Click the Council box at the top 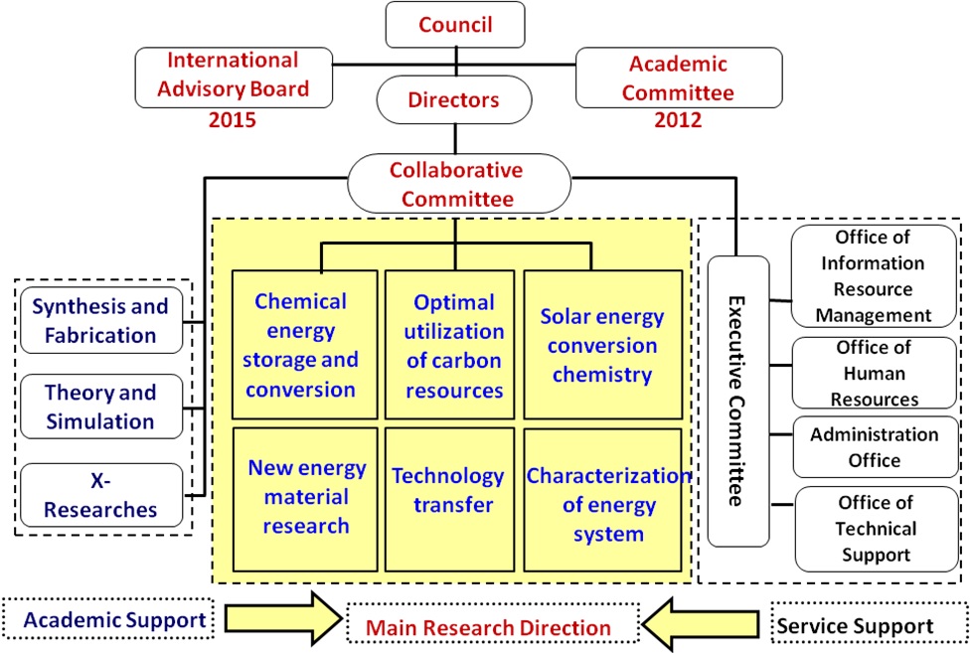pos(456,24)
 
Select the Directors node pos(454,99)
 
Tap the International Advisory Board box pos(236,77)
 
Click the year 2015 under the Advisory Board pos(234,120)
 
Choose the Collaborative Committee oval pos(458,184)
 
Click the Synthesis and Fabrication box pos(100,320)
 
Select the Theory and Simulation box pos(100,406)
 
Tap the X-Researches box pos(100,495)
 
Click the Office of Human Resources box pos(875,373)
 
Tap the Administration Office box pos(875,447)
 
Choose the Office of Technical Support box pos(875,528)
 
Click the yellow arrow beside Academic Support pos(279,621)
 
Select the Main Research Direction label pos(488,627)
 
